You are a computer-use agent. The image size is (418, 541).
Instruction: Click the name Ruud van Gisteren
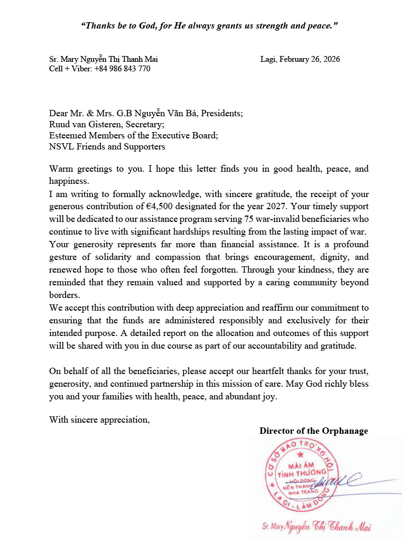[85, 124]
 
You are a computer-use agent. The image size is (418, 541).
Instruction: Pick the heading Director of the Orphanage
[313, 431]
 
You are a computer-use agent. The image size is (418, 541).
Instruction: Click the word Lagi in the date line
[270, 59]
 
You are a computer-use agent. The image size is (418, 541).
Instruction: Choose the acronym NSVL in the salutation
[60, 146]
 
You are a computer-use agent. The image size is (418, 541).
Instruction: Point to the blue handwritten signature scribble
[343, 479]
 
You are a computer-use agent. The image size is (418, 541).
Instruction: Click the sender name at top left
[103, 59]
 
